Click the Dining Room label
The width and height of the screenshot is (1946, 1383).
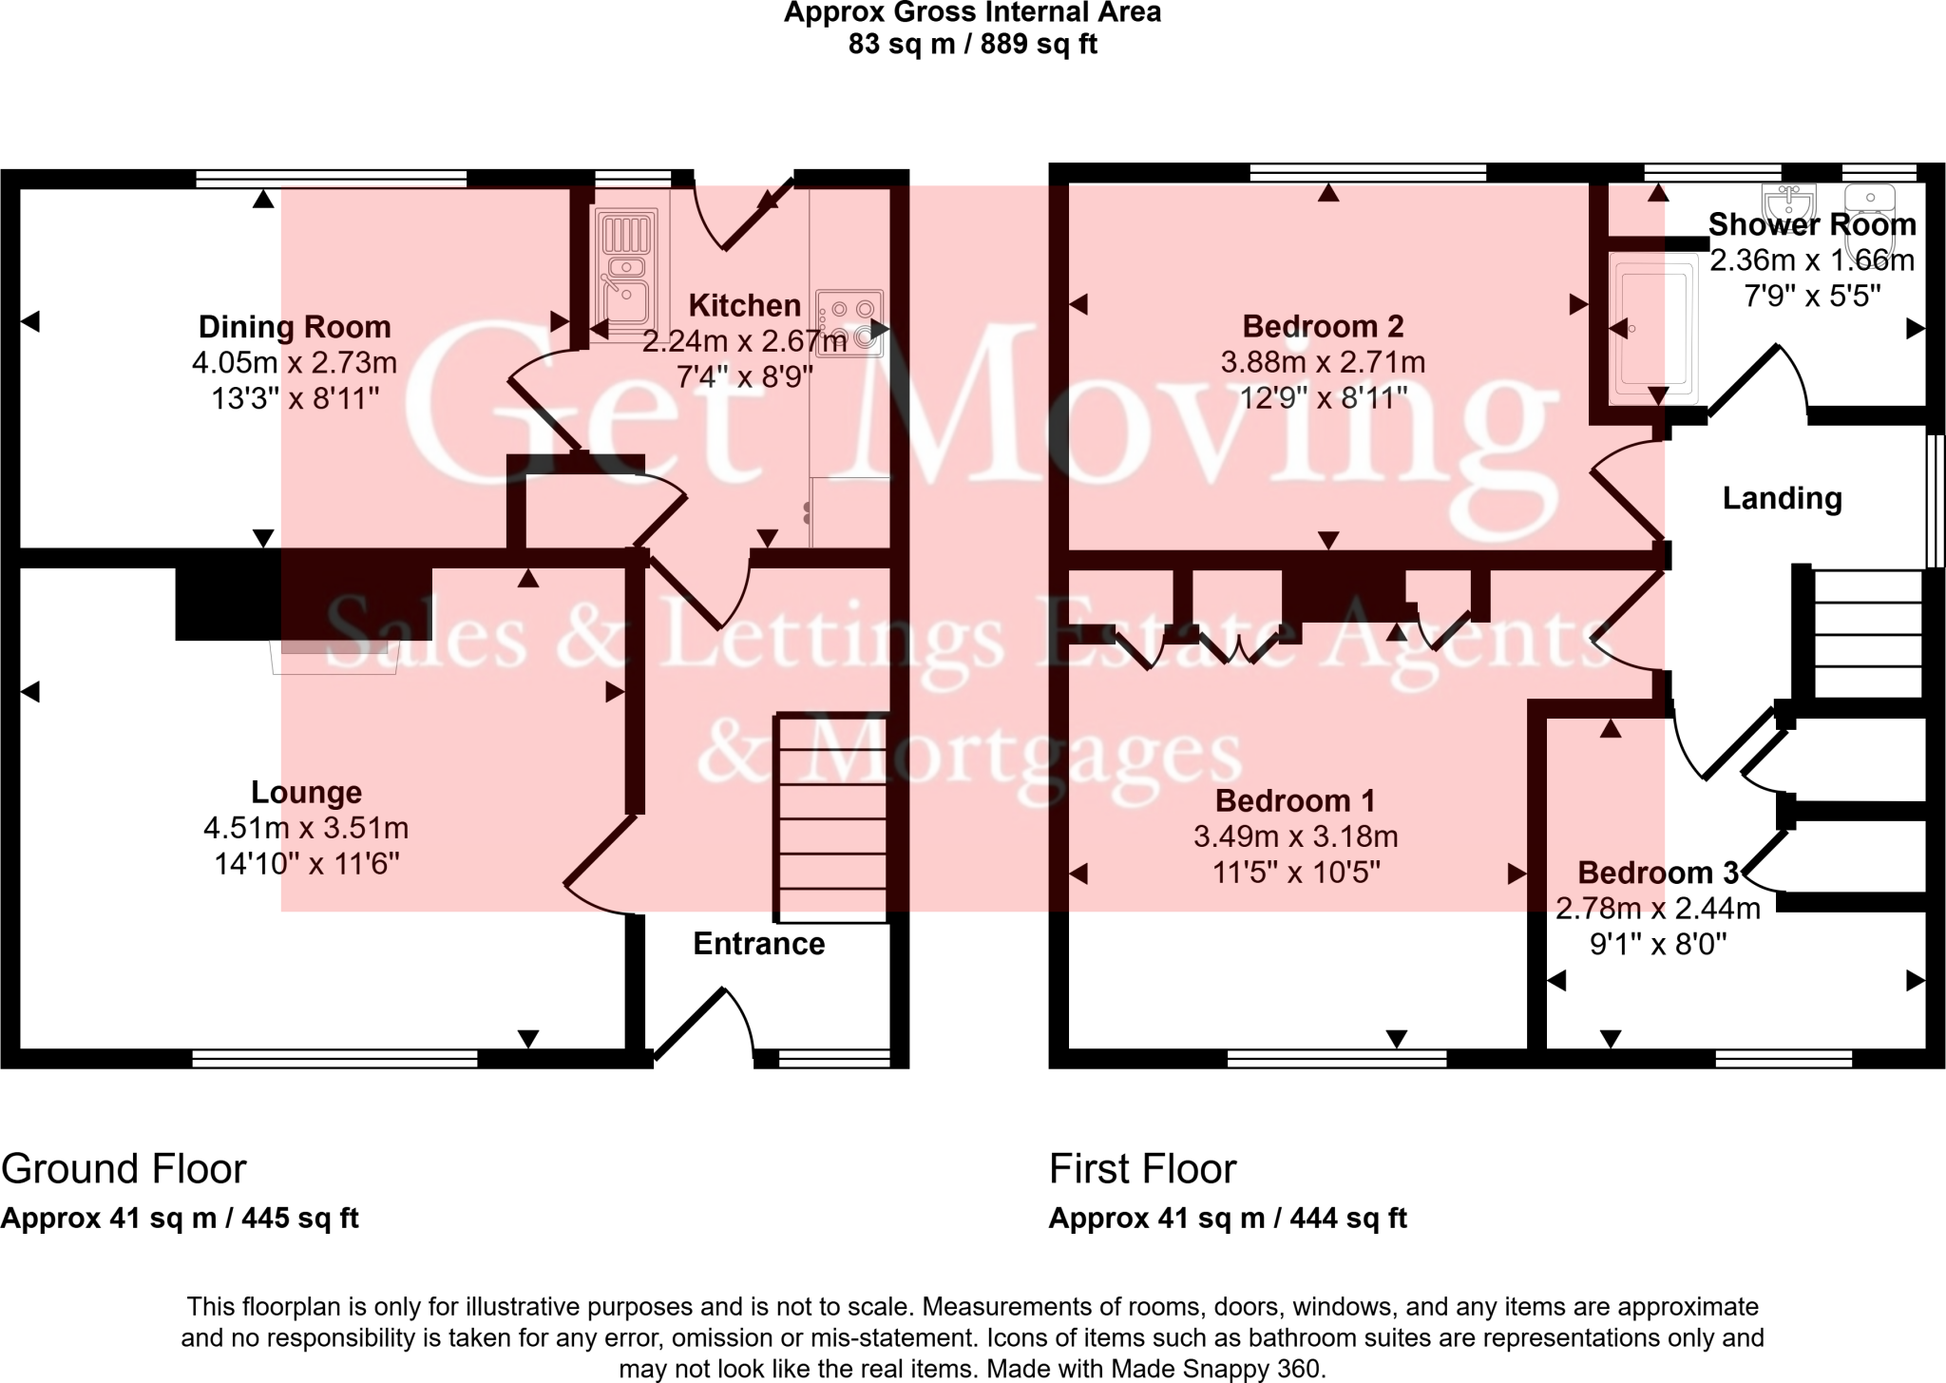pos(295,327)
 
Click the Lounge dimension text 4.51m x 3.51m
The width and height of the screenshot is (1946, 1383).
pos(306,828)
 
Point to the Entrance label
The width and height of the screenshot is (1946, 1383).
pos(758,944)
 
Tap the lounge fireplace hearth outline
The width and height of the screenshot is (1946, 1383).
pos(334,657)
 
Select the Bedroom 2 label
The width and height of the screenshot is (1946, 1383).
pos(1323,327)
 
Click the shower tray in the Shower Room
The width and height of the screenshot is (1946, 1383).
pos(1652,323)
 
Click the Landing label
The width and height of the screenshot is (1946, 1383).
pos(1782,498)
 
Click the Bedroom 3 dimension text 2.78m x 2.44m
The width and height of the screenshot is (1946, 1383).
pos(1657,909)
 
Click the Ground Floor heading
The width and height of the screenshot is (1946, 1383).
pos(124,1168)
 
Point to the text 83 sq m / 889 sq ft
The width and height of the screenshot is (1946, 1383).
pos(972,45)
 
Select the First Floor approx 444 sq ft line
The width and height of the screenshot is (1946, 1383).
pos(1227,1218)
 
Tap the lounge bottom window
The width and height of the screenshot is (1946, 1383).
pos(334,1056)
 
